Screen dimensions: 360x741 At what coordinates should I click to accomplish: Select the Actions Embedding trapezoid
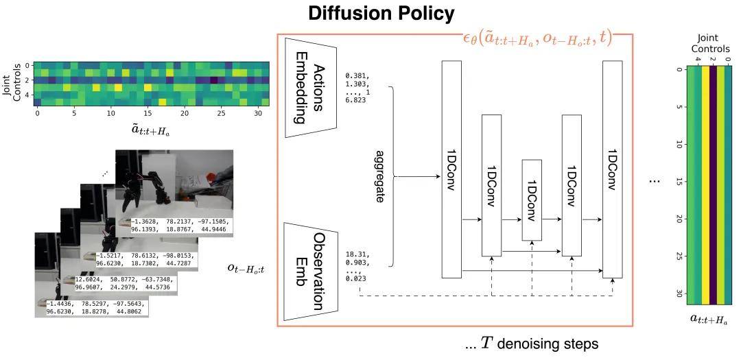pos(309,84)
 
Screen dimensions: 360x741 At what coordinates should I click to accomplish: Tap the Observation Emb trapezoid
pos(309,273)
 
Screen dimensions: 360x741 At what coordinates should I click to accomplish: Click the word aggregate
pos(380,176)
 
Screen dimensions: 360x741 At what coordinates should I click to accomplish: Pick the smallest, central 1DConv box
pos(532,200)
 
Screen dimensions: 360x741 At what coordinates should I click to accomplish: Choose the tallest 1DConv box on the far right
pos(612,169)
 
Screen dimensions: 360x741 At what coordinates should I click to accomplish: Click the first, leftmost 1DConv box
pos(451,169)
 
